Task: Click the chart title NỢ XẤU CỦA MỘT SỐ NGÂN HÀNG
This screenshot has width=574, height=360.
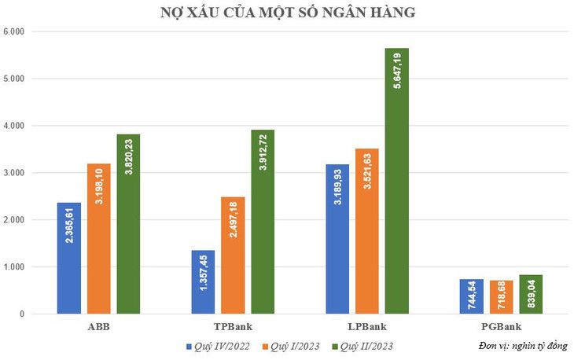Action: (286, 13)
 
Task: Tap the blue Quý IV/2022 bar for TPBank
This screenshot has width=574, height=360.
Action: (203, 282)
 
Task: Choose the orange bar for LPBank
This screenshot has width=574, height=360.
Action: (367, 231)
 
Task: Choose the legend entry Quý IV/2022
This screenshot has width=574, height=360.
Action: (218, 345)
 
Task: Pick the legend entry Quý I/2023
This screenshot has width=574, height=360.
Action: (294, 345)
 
